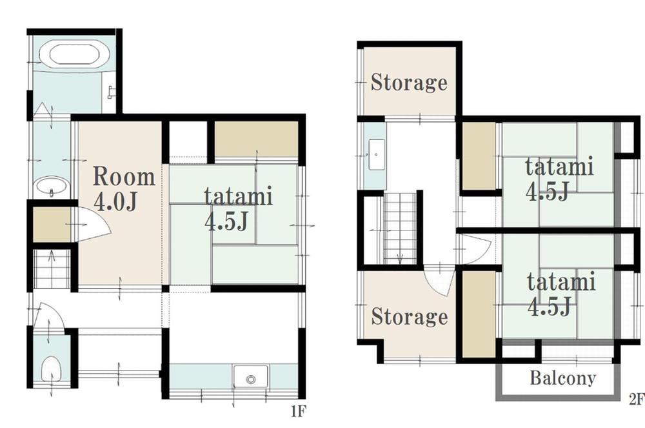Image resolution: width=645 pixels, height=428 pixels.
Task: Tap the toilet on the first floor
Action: (x=52, y=369)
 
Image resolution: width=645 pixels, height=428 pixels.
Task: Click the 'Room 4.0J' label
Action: (x=123, y=189)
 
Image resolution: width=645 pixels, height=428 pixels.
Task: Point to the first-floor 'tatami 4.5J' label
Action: (x=239, y=209)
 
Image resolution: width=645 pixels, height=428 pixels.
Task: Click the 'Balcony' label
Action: (x=562, y=378)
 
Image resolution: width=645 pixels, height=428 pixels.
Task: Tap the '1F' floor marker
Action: (x=299, y=411)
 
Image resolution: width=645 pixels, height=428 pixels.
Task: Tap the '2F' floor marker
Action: (x=637, y=399)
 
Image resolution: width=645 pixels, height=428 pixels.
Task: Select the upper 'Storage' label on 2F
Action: (x=409, y=83)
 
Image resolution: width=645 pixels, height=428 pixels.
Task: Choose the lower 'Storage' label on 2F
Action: (x=410, y=316)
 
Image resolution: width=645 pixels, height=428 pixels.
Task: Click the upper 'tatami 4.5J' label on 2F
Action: (x=559, y=178)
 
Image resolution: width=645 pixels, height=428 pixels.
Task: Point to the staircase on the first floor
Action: (x=52, y=269)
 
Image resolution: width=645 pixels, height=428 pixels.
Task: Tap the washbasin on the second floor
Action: (x=377, y=154)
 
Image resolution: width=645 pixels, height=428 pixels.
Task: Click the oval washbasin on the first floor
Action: (x=52, y=187)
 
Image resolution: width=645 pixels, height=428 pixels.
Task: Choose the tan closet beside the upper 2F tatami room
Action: (x=479, y=156)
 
